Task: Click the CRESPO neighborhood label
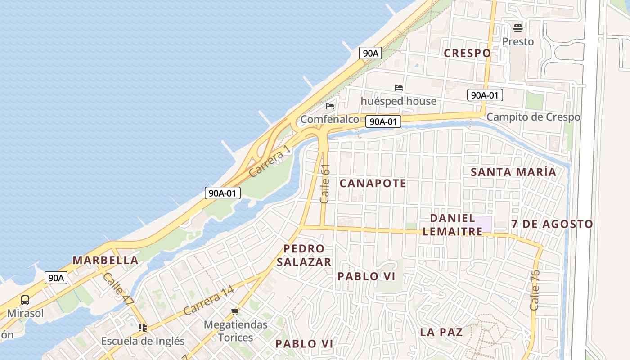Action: [x=467, y=53]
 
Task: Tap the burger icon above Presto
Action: [x=517, y=28]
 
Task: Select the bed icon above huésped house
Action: [x=398, y=88]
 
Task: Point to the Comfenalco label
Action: [x=329, y=119]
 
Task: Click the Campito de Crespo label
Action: [x=533, y=117]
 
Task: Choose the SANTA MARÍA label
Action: [x=513, y=172]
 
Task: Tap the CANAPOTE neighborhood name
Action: [x=373, y=183]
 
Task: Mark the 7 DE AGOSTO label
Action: [x=552, y=224]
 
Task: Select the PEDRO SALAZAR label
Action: [x=304, y=255]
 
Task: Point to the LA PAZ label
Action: [x=441, y=332]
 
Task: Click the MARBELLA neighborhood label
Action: [x=105, y=260]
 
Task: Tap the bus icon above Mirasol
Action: [x=25, y=300]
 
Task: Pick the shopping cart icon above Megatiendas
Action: [x=235, y=311]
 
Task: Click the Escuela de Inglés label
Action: [x=143, y=341]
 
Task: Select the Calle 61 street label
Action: [x=325, y=183]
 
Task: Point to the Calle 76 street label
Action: [x=535, y=290]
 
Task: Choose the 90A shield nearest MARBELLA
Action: [x=56, y=278]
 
